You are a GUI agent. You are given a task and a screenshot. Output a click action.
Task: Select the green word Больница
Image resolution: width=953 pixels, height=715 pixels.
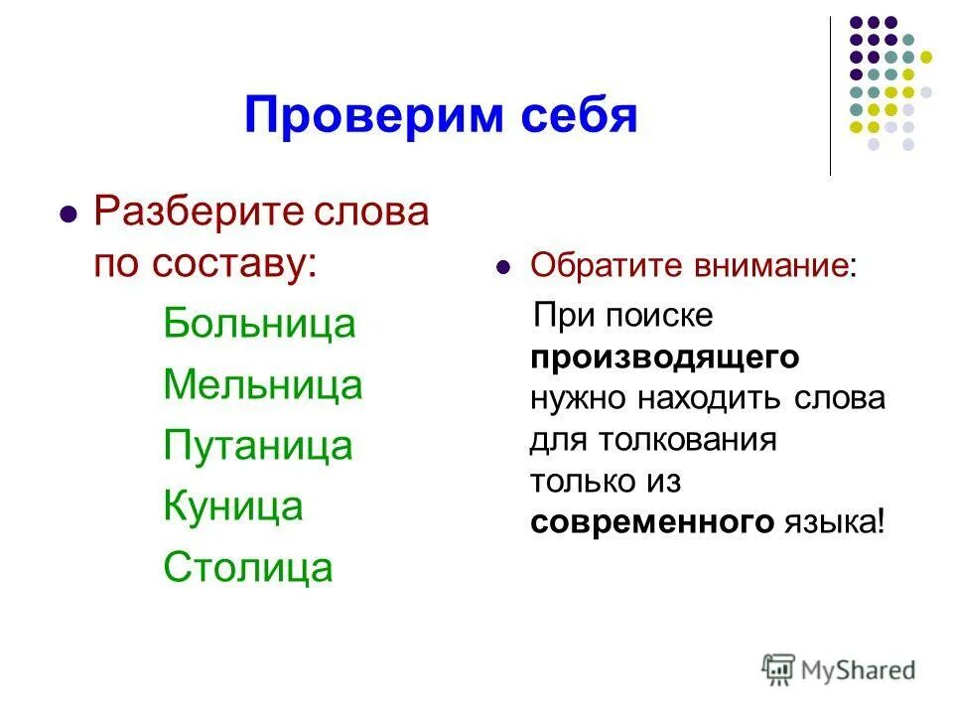tap(259, 324)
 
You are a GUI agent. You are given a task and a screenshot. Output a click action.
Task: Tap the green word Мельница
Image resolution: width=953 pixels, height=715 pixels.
tap(263, 384)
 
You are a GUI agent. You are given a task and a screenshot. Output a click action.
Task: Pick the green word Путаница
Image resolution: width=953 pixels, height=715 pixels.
tap(258, 445)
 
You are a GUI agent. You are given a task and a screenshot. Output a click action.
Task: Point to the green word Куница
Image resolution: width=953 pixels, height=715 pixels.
tap(233, 505)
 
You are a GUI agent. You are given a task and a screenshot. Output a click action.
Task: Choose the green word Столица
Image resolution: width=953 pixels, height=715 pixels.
tap(248, 567)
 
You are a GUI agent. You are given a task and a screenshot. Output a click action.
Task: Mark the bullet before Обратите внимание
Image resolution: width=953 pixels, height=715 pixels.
tap(503, 267)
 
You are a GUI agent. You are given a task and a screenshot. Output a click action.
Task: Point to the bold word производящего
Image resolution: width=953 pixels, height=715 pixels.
tap(665, 357)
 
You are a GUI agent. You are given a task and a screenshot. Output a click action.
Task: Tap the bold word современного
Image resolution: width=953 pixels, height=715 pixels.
tap(651, 521)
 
